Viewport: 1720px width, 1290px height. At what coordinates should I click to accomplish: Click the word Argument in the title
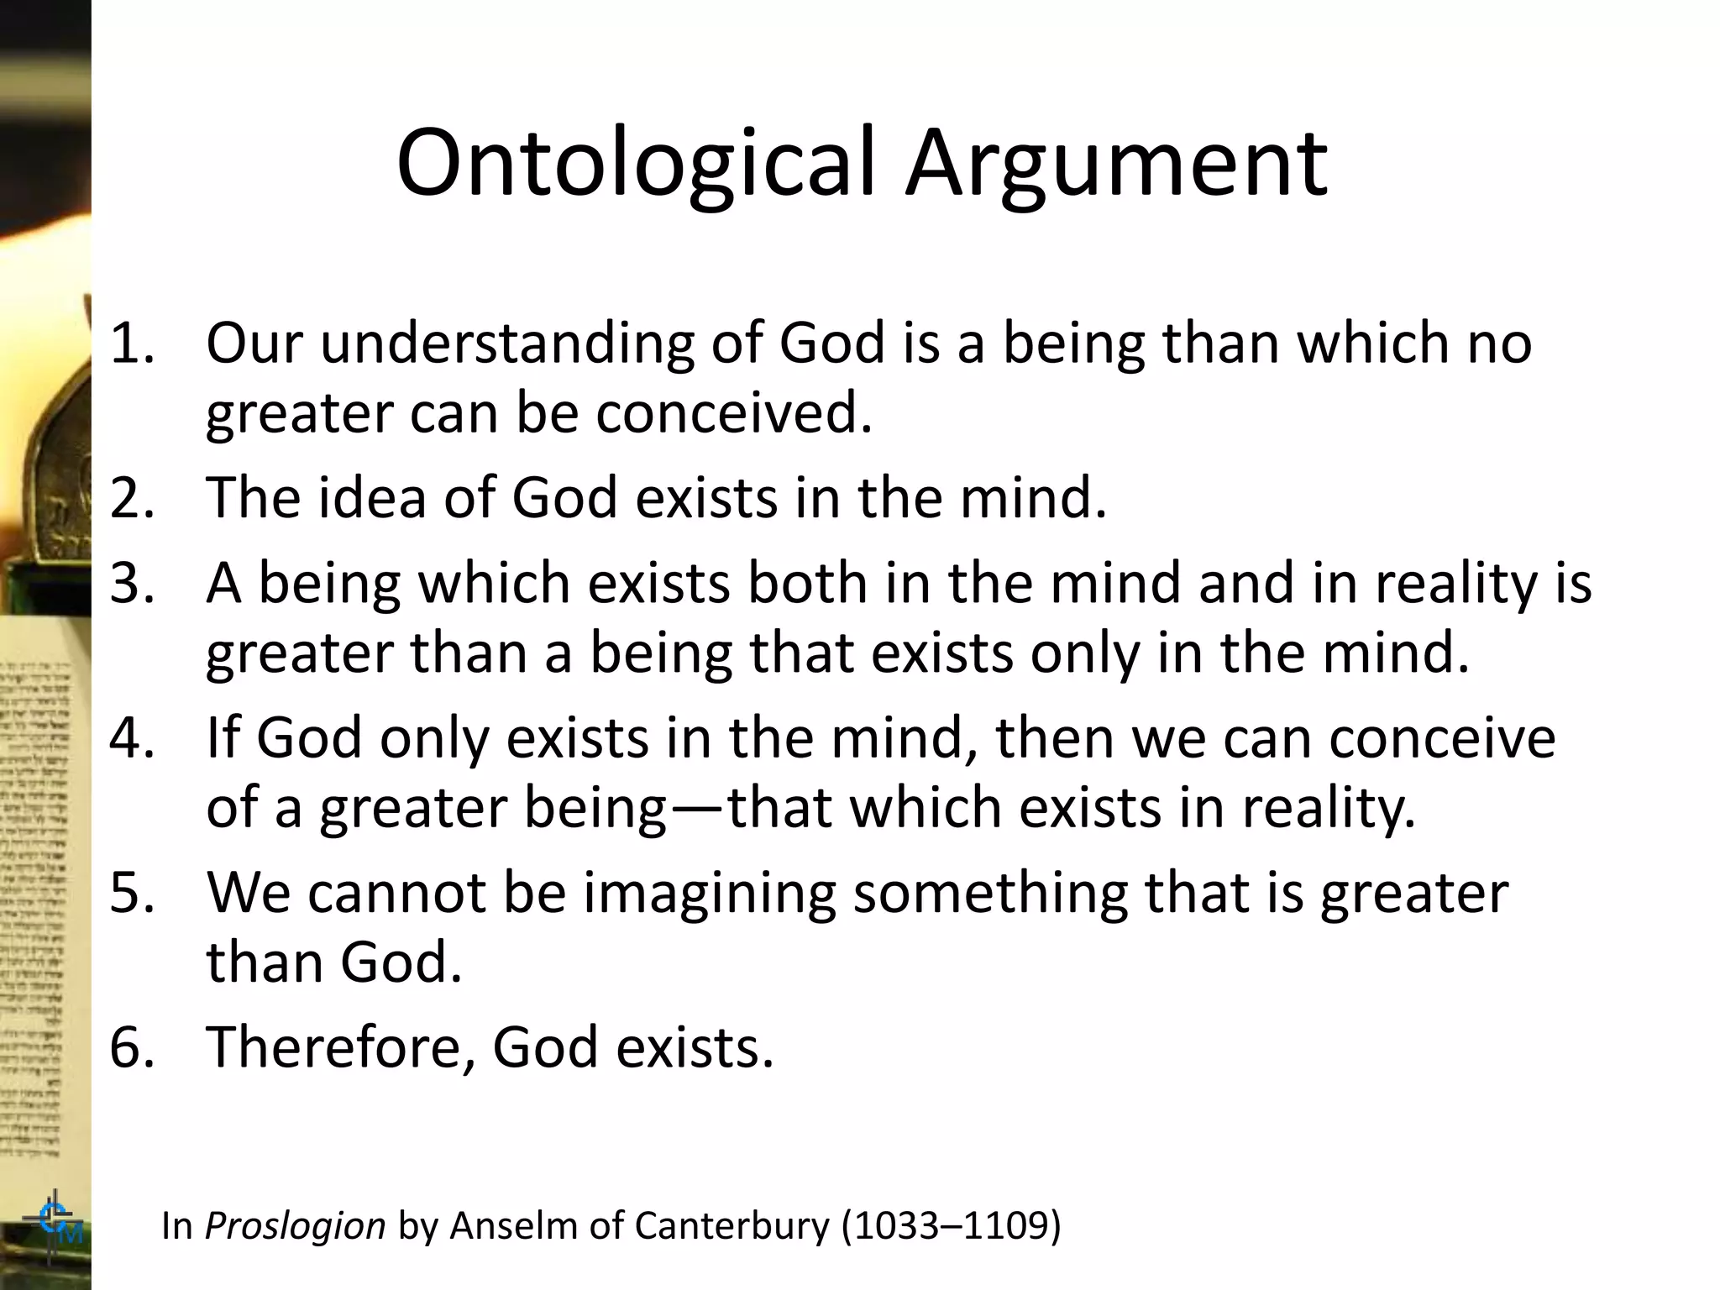click(x=1116, y=164)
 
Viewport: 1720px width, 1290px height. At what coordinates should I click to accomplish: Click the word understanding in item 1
click(x=507, y=343)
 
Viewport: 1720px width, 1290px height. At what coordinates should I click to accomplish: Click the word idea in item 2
click(x=372, y=497)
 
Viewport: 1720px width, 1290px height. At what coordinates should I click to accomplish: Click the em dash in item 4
click(x=696, y=809)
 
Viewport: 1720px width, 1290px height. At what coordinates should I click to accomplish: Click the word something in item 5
click(x=990, y=892)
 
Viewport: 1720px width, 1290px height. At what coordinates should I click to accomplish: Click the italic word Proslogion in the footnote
click(x=295, y=1226)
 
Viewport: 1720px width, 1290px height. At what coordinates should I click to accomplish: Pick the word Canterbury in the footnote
click(x=732, y=1226)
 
